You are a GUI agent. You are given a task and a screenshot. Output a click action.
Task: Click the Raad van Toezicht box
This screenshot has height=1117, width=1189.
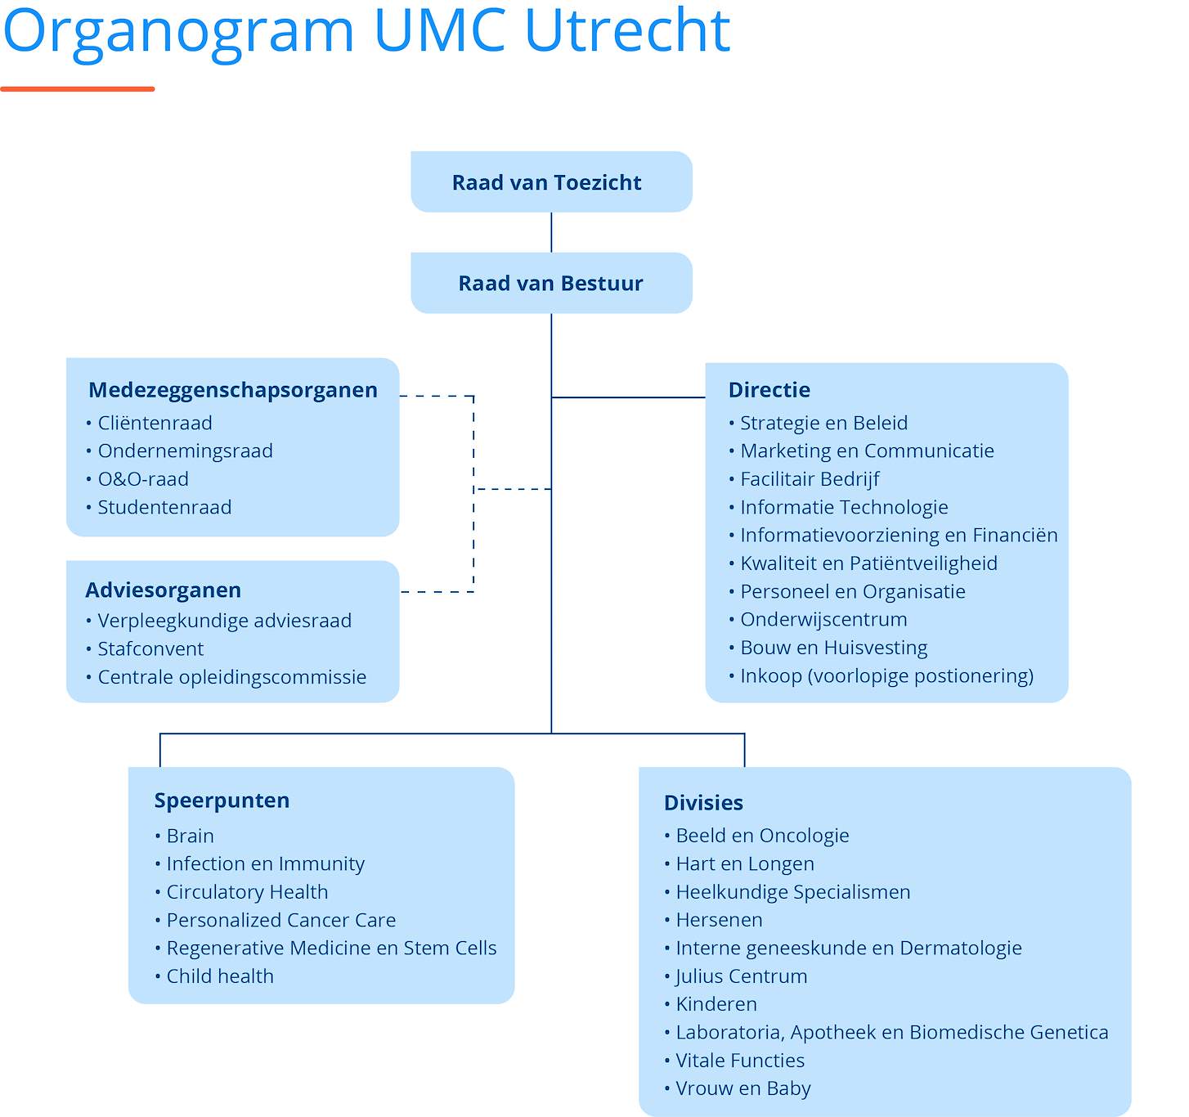[551, 182]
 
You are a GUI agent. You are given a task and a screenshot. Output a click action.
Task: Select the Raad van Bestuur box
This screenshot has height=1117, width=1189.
[551, 283]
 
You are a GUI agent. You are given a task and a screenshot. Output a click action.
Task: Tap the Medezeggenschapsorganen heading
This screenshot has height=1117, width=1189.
[233, 390]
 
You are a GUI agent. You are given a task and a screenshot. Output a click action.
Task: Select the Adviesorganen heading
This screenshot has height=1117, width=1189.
[163, 590]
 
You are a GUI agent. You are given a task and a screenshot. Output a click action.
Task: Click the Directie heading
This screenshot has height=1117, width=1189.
[769, 390]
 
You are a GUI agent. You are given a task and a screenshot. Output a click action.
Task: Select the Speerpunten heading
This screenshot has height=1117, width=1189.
[222, 801]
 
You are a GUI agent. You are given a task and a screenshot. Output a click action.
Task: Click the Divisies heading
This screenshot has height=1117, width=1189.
[703, 802]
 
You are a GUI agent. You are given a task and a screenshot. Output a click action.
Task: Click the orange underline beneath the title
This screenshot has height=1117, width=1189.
[77, 89]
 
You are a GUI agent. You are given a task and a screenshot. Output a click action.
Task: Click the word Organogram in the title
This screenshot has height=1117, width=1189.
[178, 33]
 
